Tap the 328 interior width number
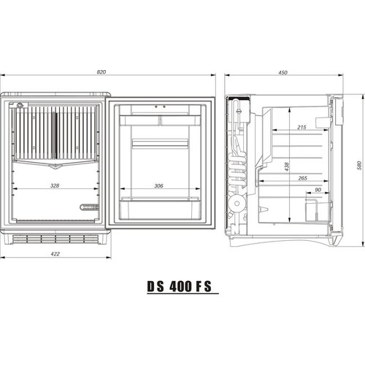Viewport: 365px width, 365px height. pyautogui.click(x=55, y=185)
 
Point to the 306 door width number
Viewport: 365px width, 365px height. pyautogui.click(x=159, y=185)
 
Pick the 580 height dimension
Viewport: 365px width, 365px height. pyautogui.click(x=358, y=166)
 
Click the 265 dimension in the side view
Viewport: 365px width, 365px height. pyautogui.click(x=303, y=177)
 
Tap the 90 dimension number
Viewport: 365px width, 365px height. pyautogui.click(x=318, y=190)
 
